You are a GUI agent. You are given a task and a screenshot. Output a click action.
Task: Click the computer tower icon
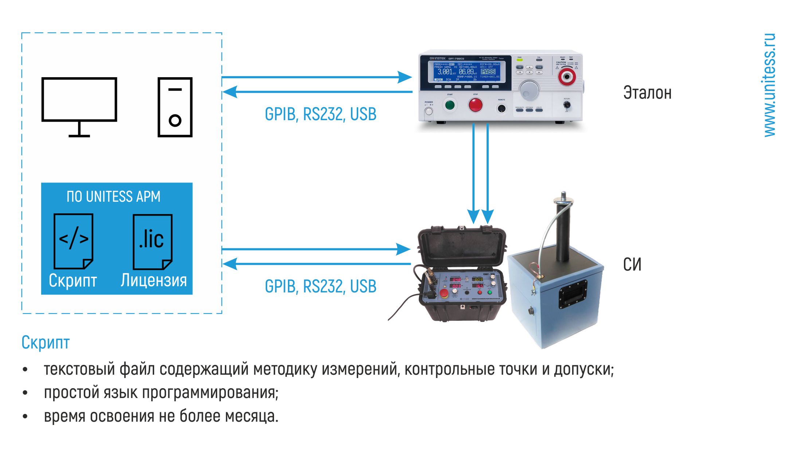(175, 107)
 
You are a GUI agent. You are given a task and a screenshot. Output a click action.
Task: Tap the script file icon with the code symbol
(73, 241)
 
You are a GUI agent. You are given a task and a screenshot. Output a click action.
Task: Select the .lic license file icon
(152, 241)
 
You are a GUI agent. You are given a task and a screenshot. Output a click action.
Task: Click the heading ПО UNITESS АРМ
(113, 197)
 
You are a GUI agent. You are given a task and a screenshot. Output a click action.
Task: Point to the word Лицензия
(154, 280)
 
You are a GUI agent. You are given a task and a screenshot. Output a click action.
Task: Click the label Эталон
(647, 93)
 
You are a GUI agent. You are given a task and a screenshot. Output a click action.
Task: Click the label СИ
(632, 264)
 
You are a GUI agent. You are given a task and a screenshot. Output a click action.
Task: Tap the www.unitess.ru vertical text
(769, 85)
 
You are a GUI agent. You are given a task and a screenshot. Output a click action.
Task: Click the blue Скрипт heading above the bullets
(46, 343)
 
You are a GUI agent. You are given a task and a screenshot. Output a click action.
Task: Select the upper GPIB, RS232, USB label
(320, 114)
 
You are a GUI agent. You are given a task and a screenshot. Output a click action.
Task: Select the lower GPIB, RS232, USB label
(320, 287)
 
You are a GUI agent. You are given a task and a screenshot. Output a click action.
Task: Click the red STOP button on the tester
(475, 105)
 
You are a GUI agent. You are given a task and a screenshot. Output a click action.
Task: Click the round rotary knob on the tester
(529, 90)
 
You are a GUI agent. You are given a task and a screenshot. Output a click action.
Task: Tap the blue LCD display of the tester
(467, 71)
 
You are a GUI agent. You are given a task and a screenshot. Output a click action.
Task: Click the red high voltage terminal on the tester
(567, 76)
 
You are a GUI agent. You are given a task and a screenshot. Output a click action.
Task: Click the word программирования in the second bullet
(210, 393)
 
